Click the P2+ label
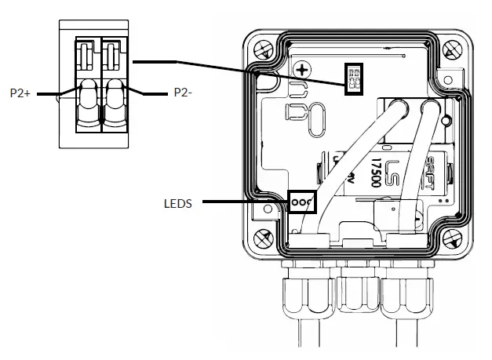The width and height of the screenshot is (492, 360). pyautogui.click(x=21, y=93)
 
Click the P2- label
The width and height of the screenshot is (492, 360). pyautogui.click(x=183, y=93)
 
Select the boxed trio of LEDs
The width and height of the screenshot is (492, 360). pyautogui.click(x=302, y=201)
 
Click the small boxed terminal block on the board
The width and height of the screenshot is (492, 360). pyautogui.click(x=354, y=77)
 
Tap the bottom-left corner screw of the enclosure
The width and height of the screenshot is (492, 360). pyautogui.click(x=263, y=237)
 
